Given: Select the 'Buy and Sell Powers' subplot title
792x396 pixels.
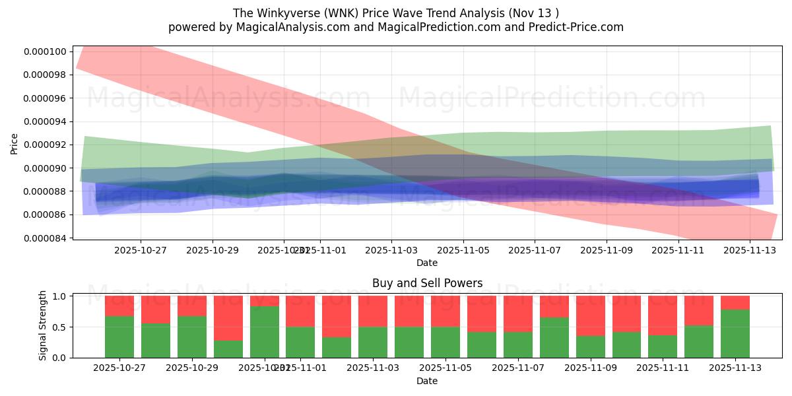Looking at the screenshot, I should (427, 283).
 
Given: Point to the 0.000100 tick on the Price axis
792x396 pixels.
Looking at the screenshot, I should (46, 51).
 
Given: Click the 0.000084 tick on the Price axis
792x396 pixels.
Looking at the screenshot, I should (46, 238).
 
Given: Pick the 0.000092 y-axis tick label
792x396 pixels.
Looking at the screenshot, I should (46, 145).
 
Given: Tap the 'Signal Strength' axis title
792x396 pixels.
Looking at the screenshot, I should (43, 325).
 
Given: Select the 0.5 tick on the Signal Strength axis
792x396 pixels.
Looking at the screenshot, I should (58, 327).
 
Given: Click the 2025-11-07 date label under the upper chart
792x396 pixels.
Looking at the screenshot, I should (535, 250).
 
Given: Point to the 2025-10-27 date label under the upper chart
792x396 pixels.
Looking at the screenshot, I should (141, 250).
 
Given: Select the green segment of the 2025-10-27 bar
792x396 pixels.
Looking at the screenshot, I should (119, 337).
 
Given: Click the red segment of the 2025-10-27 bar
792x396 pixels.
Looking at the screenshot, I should (119, 306).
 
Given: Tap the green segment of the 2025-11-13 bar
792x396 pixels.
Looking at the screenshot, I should (735, 333).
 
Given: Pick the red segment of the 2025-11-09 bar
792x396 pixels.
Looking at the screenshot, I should (591, 316).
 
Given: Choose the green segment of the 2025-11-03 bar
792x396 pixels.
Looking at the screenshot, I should (373, 342).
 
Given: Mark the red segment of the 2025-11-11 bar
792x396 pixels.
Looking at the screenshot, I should (663, 315).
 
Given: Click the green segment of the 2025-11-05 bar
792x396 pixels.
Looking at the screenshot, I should (445, 342).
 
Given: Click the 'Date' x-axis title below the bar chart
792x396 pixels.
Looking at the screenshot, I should (427, 381).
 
